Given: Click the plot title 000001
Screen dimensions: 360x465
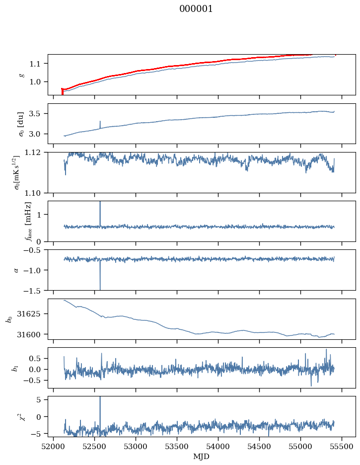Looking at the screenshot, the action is coord(196,9).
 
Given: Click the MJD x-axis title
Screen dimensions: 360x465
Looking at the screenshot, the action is coord(201,457).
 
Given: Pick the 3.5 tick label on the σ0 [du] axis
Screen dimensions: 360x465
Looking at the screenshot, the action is coord(39,114).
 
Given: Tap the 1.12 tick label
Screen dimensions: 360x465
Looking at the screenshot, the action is coord(37,153).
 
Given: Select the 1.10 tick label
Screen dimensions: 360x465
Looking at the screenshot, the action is coord(37,193).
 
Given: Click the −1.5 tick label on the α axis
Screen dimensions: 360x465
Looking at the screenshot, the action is coord(36,290).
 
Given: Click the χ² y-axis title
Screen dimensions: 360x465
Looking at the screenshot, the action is coord(22,417).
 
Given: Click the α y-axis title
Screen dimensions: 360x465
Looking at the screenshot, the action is coord(16,270).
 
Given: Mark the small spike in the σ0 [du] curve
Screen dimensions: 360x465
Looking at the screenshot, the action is coord(100,125).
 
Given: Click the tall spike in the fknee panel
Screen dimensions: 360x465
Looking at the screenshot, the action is coord(100,214).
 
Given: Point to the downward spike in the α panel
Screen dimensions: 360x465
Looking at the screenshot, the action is coord(100,275).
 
